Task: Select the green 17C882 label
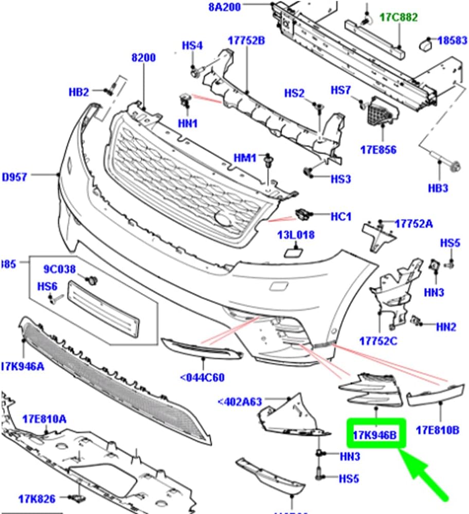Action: pyautogui.click(x=399, y=17)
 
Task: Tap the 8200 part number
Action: pyautogui.click(x=143, y=58)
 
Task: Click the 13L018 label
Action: pyautogui.click(x=296, y=235)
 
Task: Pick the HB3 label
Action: pyautogui.click(x=438, y=188)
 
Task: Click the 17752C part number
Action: pyautogui.click(x=379, y=341)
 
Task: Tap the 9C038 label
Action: pyautogui.click(x=59, y=268)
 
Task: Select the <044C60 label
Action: pyautogui.click(x=203, y=378)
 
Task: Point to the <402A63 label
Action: pyautogui.click(x=240, y=401)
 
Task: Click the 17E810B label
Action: pyautogui.click(x=437, y=429)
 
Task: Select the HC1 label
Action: pyautogui.click(x=341, y=217)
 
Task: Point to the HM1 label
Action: pyautogui.click(x=245, y=158)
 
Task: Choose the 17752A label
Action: pyautogui.click(x=414, y=224)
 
